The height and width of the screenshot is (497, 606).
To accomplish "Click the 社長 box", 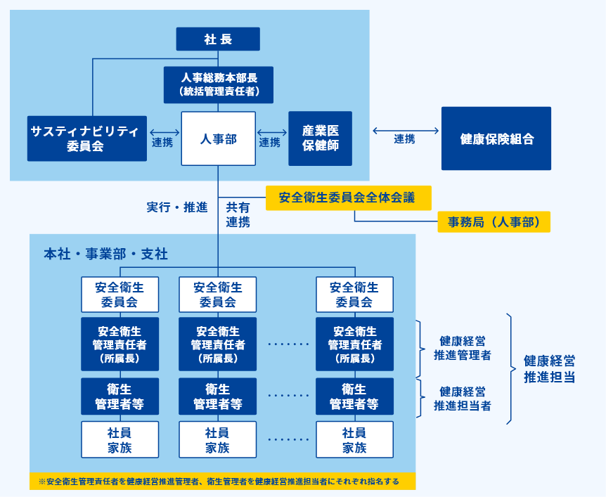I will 218,39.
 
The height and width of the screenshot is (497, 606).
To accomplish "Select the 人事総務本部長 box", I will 218,84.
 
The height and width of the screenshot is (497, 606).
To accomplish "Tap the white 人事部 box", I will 218,138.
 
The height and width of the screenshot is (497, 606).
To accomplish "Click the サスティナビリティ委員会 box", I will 87,138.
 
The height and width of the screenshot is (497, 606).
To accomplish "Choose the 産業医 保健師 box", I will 320,138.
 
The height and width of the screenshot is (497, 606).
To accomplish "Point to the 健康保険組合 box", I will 496,138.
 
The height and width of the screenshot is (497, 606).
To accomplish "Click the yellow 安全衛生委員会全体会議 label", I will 348,198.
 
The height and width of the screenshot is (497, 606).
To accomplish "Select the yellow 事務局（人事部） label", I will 494,222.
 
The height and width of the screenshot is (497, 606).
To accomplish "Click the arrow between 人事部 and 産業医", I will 271,131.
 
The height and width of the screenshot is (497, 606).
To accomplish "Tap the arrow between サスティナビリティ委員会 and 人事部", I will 165,131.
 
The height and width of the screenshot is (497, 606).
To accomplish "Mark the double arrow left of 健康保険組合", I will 404,130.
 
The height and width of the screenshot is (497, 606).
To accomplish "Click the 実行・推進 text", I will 176,207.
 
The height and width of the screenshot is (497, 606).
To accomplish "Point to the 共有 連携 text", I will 238,214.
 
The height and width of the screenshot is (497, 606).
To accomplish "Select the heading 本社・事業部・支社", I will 105,254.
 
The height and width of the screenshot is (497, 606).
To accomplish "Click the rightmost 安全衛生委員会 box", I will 354,295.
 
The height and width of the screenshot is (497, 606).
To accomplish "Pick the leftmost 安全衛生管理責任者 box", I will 120,344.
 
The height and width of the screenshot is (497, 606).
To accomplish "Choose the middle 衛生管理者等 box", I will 218,396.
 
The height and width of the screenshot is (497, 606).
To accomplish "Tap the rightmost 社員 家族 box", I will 354,439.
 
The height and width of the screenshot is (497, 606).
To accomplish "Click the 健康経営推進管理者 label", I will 462,348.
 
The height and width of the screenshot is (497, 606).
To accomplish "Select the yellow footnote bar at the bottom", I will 222,482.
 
